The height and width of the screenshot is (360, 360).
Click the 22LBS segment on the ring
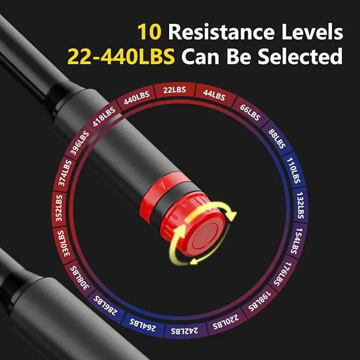[x=174, y=90]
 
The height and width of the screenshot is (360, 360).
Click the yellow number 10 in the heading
[x=149, y=32]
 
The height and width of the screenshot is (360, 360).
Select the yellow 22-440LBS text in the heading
[x=121, y=57]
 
